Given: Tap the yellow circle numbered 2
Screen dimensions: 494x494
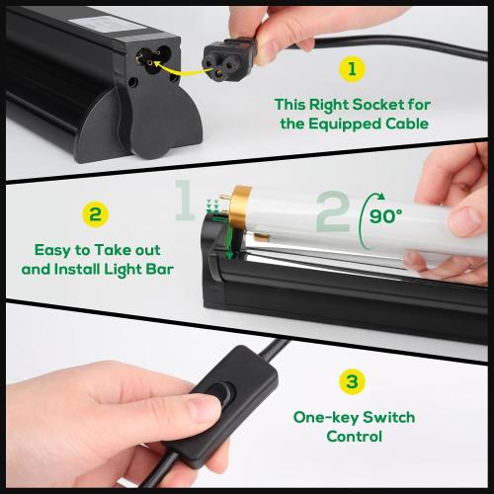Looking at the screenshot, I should (96, 214).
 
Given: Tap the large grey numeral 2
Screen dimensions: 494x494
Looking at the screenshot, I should (332, 211).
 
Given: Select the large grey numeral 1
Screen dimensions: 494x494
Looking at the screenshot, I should (185, 202).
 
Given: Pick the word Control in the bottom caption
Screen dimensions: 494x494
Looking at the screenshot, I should (352, 436).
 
